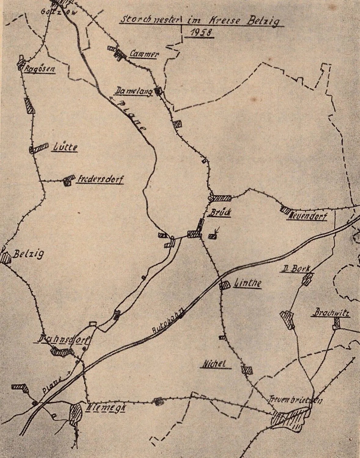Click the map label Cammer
tap(144, 54)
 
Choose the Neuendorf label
tap(307, 217)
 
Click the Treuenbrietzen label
tap(295, 400)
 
